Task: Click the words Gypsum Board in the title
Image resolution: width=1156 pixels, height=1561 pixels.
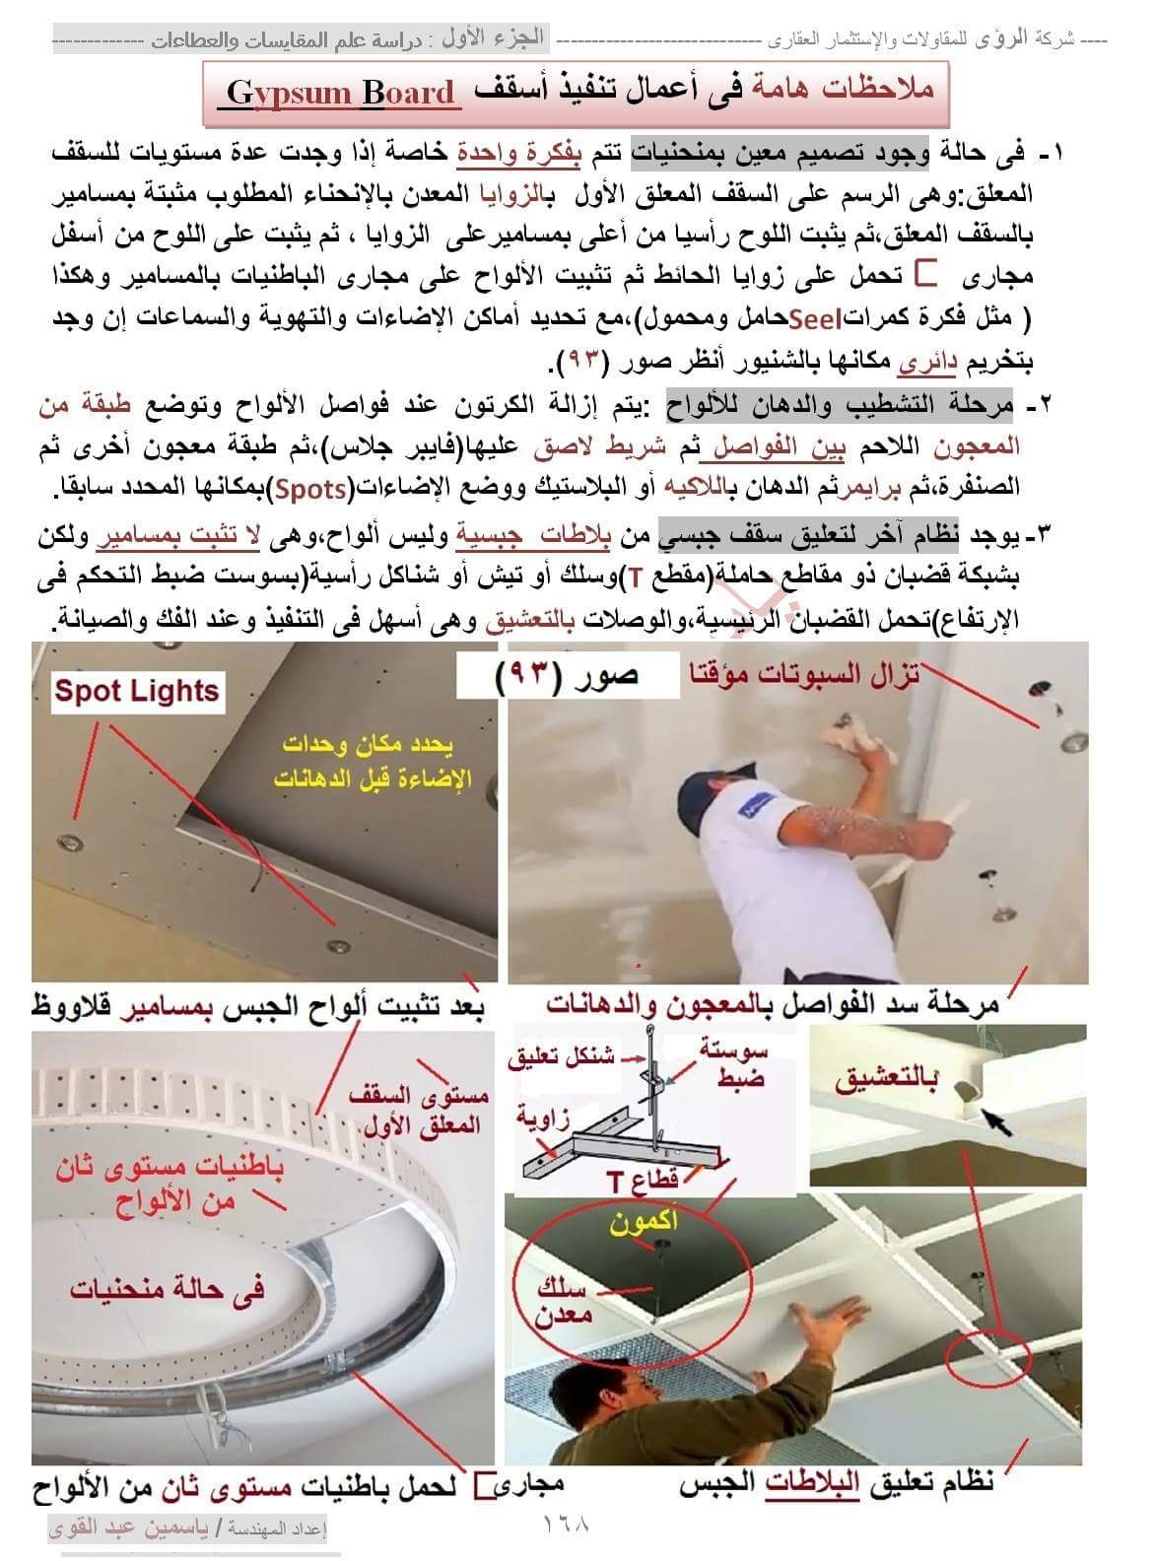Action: (340, 93)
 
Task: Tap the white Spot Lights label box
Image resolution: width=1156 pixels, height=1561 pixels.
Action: (137, 692)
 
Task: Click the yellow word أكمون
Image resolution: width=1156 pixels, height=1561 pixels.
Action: (644, 1222)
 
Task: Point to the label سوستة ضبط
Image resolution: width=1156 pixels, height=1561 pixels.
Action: (733, 1064)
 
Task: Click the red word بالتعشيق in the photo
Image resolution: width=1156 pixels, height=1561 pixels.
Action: (886, 1080)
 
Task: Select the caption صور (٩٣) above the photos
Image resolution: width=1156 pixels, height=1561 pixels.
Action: (568, 677)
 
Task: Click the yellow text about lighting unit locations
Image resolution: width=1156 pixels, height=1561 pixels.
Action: (374, 762)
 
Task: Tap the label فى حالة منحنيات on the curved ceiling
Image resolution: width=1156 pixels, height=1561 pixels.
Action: (167, 1289)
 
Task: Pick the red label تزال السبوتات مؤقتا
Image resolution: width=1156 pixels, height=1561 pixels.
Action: (805, 675)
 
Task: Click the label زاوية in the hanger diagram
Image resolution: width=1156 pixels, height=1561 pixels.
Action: (543, 1117)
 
